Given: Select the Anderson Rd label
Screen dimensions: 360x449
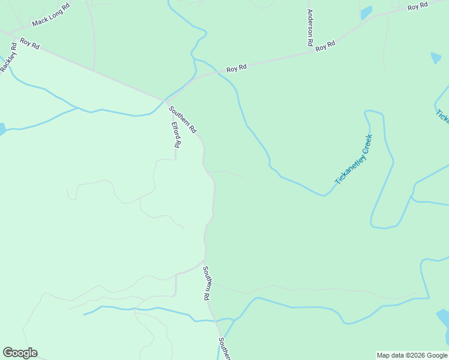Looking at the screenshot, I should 310,28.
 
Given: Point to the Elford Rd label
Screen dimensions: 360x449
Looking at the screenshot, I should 176,135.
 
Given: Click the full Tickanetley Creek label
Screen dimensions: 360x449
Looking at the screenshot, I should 354,159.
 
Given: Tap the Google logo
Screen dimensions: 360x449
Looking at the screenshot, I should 20,353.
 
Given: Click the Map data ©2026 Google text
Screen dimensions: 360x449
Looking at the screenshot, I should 412,355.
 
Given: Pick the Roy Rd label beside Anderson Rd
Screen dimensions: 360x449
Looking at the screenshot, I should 325,46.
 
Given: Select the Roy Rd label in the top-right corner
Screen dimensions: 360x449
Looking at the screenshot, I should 417,7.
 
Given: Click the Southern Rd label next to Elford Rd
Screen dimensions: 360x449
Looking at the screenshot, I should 182,119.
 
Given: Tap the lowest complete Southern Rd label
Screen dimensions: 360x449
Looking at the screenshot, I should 206,283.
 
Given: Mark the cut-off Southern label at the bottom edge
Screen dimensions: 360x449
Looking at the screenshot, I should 224,349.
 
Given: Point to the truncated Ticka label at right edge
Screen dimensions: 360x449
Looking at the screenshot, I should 442,115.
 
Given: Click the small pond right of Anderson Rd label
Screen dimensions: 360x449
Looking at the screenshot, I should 366,13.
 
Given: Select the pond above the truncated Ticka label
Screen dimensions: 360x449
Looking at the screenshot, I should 436,58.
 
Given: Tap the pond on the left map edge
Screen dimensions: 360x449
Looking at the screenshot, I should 2,129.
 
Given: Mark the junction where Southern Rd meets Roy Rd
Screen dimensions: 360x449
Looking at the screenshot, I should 164,100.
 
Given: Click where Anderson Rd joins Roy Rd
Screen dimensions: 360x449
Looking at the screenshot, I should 310,51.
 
